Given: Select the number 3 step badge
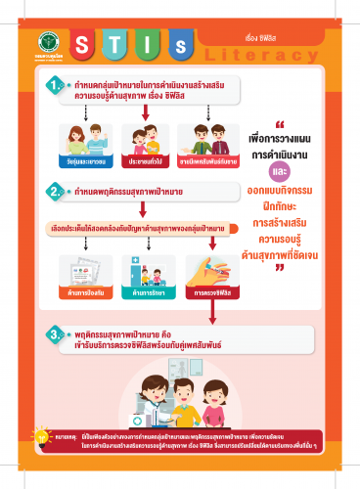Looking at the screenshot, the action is (x=57, y=335).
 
